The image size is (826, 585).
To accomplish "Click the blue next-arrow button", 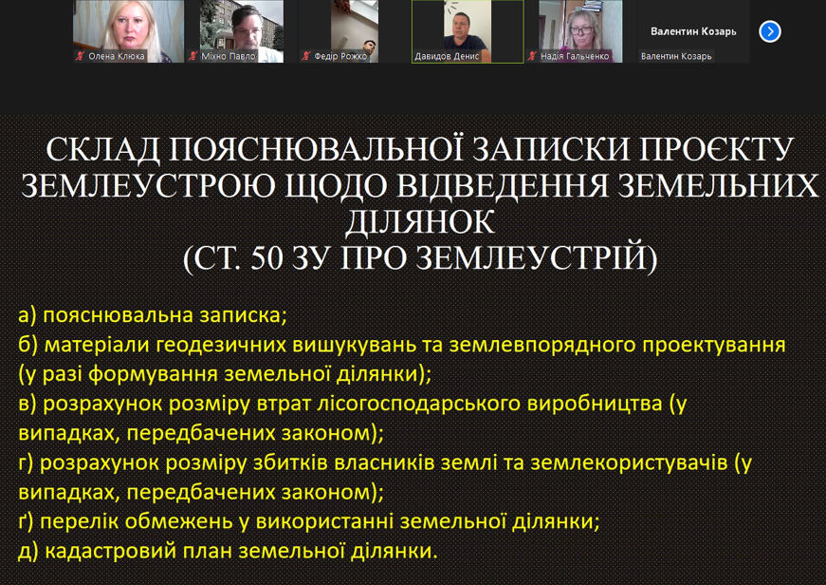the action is coord(770,31).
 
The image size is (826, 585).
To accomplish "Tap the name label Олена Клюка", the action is coord(116,56).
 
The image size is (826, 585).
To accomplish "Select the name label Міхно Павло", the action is coord(229,56).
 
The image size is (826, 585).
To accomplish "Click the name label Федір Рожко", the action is coord(340,56).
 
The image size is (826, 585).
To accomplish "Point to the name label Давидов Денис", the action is coord(447,56).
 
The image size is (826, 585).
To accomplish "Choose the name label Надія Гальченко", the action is coord(575,56).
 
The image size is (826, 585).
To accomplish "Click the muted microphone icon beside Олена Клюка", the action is coord(80,56).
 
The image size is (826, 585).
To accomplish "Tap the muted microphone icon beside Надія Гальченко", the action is coord(532,56).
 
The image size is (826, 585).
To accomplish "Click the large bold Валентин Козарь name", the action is coord(693,31).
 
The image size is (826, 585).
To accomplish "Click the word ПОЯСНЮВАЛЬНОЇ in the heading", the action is coord(316,149).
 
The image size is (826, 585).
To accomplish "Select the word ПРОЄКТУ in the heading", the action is coord(716,149).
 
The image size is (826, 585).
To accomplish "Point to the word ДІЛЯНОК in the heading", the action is coord(420,221).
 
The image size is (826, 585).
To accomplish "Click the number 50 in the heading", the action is coord(267,258).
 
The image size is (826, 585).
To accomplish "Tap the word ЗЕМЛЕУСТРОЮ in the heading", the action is coord(148,186).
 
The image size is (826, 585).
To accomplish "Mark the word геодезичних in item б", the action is coord(221,345).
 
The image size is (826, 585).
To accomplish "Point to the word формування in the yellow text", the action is coord(154,374).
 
